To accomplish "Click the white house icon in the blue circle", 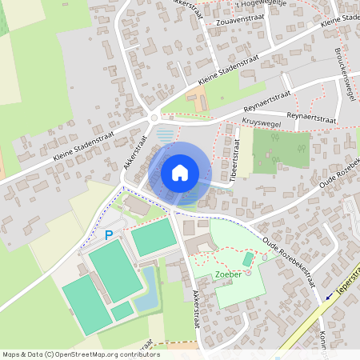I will pyautogui.click(x=180, y=172).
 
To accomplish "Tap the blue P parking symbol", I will pyautogui.click(x=109, y=235).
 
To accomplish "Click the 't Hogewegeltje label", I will pyautogui.click(x=233, y=3).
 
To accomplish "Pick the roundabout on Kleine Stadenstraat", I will pyautogui.click(x=154, y=118).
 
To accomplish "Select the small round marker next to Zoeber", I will pyautogui.click(x=248, y=273).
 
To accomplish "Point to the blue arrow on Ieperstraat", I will pyautogui.click(x=329, y=296).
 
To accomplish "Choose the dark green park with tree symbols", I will pyautogui.click(x=281, y=150).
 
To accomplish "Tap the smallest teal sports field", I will pyautogui.click(x=122, y=310).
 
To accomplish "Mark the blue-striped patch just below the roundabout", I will pyautogui.click(x=166, y=135).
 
